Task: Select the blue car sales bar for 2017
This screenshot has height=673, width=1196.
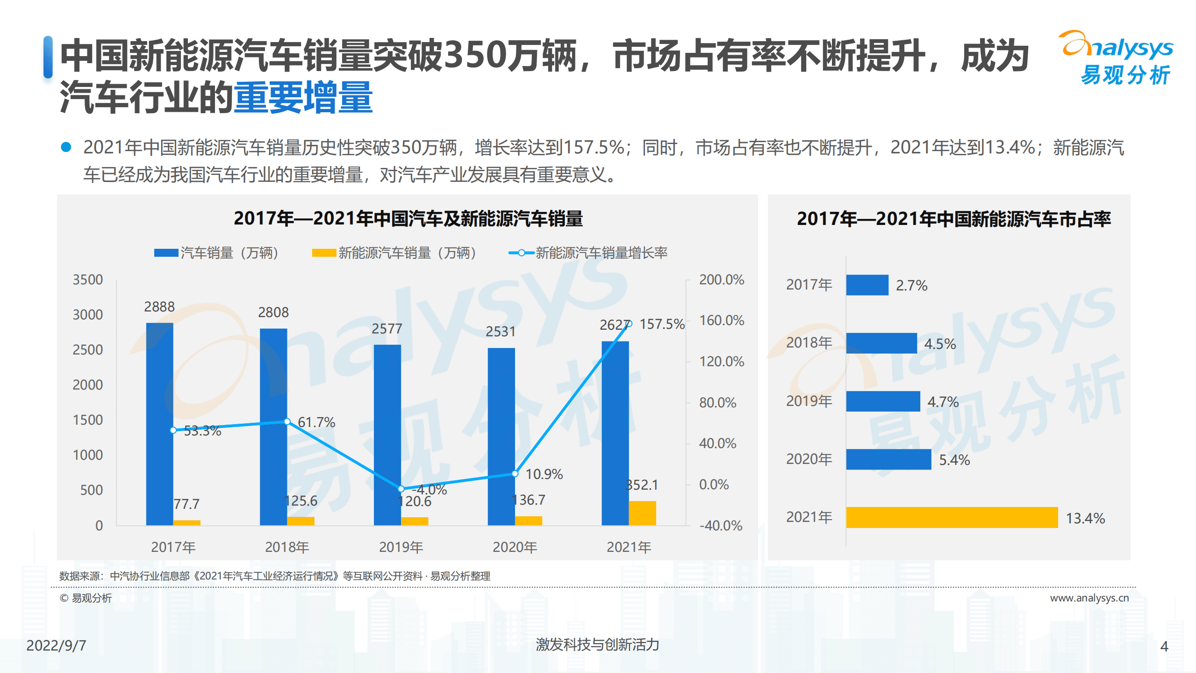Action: pos(159,423)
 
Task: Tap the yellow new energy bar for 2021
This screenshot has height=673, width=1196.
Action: pos(642,513)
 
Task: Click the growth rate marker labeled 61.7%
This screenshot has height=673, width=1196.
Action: pos(287,421)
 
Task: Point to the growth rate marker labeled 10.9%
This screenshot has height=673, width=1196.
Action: pos(515,473)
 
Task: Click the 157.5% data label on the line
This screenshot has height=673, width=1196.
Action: pos(661,324)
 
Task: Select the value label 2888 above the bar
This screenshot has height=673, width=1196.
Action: pos(159,307)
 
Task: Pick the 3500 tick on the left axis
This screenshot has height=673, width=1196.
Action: pos(87,280)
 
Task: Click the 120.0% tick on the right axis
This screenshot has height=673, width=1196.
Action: pos(721,362)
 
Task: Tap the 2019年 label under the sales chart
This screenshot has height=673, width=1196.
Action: pos(401,547)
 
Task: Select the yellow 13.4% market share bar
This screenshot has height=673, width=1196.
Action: pos(952,517)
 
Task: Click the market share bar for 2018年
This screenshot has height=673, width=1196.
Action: pos(881,343)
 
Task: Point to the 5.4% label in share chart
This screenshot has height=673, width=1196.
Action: pos(954,460)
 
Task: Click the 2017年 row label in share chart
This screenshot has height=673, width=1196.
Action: pos(809,284)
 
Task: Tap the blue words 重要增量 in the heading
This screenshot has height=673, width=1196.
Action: pos(303,97)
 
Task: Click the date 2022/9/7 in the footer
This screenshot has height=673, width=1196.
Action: pos(56,645)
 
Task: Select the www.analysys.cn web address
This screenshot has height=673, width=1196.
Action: pos(1089,598)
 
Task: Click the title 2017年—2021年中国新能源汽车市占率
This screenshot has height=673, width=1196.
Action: pos(953,219)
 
